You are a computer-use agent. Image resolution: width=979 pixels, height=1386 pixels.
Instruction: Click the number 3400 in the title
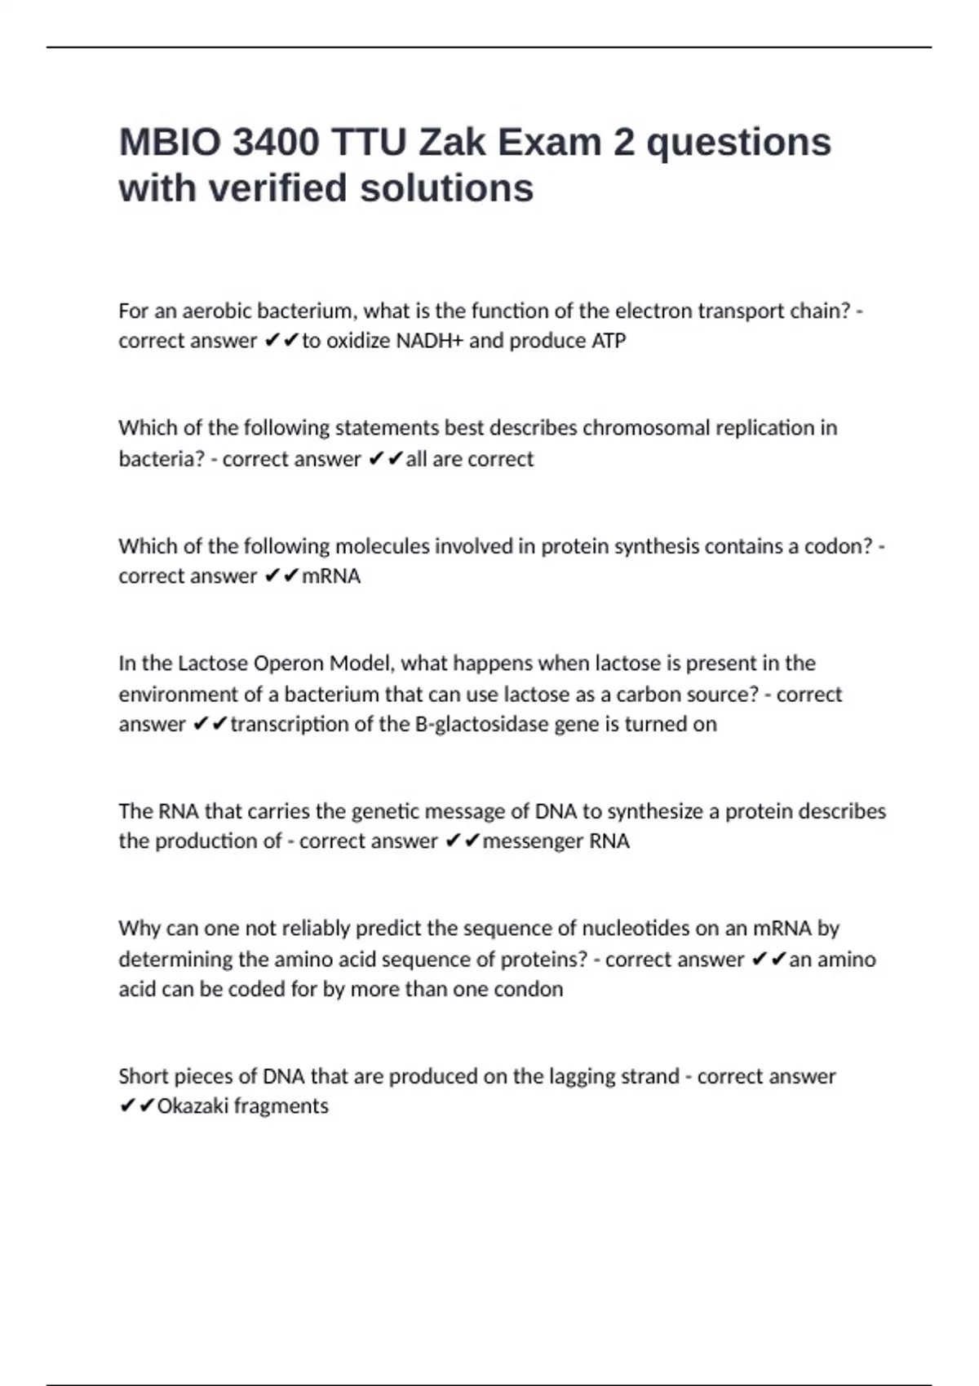click(x=275, y=143)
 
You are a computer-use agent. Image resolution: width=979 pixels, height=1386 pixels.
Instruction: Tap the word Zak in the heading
click(x=448, y=143)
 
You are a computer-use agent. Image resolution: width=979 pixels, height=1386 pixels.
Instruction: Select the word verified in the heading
click(x=279, y=188)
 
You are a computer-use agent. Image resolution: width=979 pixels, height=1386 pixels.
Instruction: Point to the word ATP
click(x=609, y=341)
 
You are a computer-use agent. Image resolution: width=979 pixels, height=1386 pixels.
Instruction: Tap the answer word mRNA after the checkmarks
click(x=331, y=576)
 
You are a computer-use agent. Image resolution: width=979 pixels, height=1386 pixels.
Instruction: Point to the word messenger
click(x=533, y=841)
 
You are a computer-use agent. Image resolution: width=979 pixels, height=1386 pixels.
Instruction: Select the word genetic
click(x=383, y=811)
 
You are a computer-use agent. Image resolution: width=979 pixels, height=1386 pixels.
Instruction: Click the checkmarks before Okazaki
click(x=136, y=1106)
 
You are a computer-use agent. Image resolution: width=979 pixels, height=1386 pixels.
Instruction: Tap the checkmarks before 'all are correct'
click(x=385, y=459)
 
